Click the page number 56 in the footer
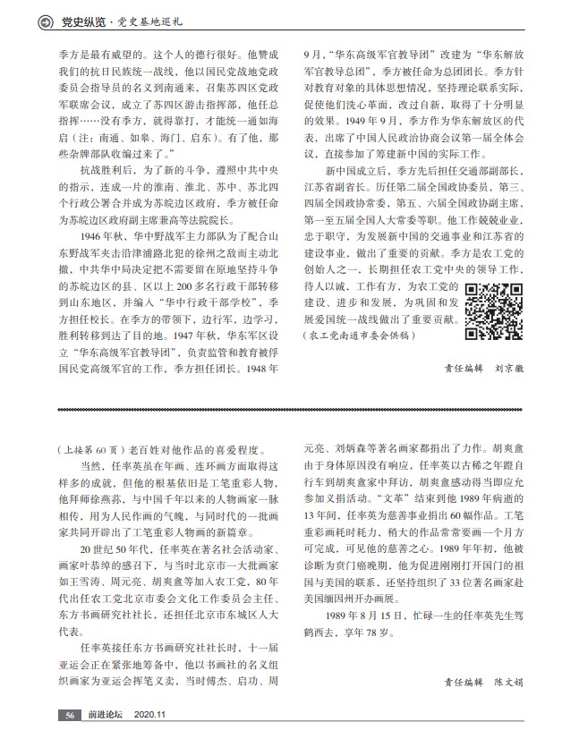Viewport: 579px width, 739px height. point(69,715)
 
